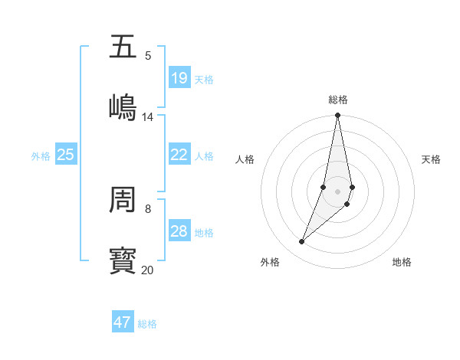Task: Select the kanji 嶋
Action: pos(123,107)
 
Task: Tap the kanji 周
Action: pos(123,200)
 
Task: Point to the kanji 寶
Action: pos(123,261)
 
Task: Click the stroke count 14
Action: pos(148,116)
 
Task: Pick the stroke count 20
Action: pos(148,270)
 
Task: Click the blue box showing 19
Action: pos(179,78)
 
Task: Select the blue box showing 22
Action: pos(179,155)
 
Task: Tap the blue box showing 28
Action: pos(179,231)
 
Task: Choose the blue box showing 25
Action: pos(66,155)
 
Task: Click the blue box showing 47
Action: pos(123,322)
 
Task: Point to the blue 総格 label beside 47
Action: pos(148,324)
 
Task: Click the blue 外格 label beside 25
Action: pos(41,156)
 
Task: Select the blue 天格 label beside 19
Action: pos(204,80)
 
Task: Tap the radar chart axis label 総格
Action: pos(338,100)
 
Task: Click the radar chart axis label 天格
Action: pos(432,159)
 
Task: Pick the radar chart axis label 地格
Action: pos(402,262)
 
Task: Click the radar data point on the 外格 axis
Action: pos(301,242)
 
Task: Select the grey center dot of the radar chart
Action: pos(338,191)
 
